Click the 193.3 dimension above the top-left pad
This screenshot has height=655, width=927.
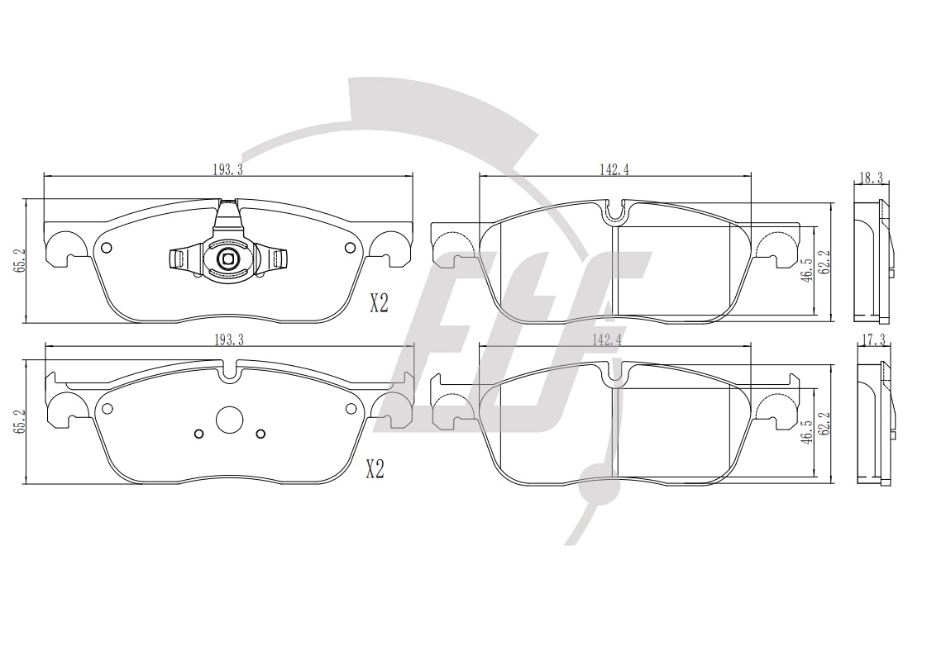[227, 169]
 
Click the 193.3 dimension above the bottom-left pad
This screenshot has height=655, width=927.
[228, 339]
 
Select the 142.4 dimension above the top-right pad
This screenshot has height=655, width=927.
[615, 169]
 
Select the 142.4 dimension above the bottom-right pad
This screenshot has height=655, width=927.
[615, 339]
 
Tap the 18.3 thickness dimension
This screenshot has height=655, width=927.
[872, 178]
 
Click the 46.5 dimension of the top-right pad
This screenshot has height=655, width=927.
[805, 270]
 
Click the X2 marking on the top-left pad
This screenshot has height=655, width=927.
[379, 304]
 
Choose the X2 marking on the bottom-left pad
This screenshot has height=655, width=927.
[375, 470]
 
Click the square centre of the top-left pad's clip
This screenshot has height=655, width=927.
[227, 258]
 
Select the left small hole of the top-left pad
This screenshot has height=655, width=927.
[107, 248]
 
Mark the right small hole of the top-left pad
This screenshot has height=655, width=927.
[346, 249]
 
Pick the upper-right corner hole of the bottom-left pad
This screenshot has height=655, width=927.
[351, 407]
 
